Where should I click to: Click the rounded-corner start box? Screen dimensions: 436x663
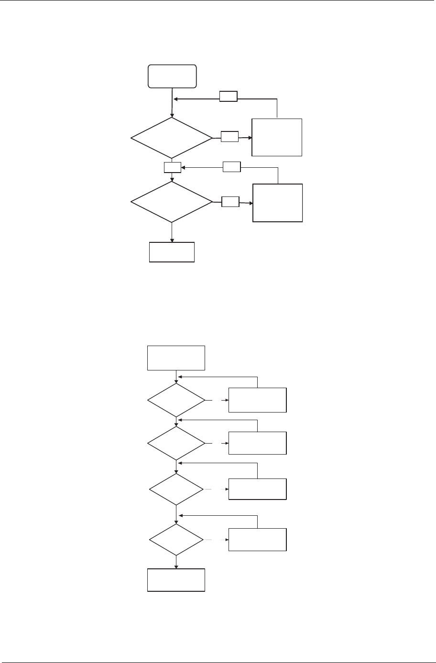[172, 76]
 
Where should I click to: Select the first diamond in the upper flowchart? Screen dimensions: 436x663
[172, 138]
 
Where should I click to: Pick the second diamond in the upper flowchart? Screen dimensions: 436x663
[172, 202]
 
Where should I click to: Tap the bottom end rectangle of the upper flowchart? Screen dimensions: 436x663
[172, 252]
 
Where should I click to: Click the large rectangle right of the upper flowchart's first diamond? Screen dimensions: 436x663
[277, 137]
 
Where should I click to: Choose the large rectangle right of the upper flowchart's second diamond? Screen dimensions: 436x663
[278, 203]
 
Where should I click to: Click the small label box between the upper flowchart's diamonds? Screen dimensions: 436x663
[172, 167]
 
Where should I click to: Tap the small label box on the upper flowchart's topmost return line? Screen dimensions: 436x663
[229, 96]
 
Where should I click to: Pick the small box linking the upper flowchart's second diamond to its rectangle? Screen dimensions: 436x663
[230, 202]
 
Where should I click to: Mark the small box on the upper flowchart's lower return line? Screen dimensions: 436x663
[232, 167]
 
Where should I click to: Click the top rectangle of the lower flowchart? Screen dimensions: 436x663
[176, 358]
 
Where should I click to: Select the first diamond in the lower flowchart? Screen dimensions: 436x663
[176, 400]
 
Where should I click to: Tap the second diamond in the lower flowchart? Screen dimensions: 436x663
[176, 443]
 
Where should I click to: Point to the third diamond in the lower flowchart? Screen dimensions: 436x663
[176, 489]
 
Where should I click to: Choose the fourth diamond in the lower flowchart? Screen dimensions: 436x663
[176, 540]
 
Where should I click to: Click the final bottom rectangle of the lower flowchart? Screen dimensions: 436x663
[176, 580]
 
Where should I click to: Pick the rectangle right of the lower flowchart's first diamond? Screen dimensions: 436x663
[258, 400]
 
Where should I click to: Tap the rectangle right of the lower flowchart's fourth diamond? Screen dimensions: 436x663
[258, 540]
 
